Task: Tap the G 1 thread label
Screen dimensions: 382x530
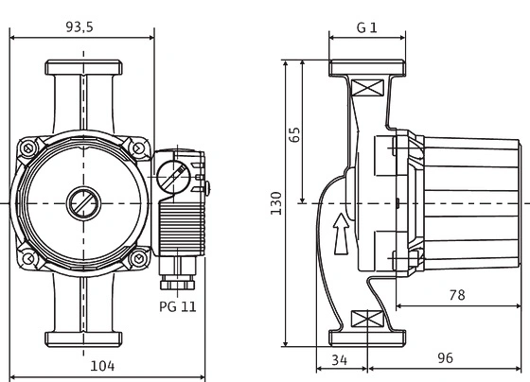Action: pyautogui.click(x=366, y=28)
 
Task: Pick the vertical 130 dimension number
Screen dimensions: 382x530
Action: pyautogui.click(x=276, y=203)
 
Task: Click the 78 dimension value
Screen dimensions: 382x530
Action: pyautogui.click(x=457, y=295)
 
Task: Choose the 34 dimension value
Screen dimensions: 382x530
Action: pyautogui.click(x=339, y=359)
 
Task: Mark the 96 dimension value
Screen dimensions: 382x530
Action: pyautogui.click(x=446, y=359)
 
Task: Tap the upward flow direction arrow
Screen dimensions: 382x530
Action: pyautogui.click(x=339, y=231)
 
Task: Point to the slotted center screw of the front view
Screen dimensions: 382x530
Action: pyautogui.click(x=80, y=203)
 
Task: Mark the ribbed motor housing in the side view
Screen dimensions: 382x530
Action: pyautogui.click(x=470, y=202)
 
